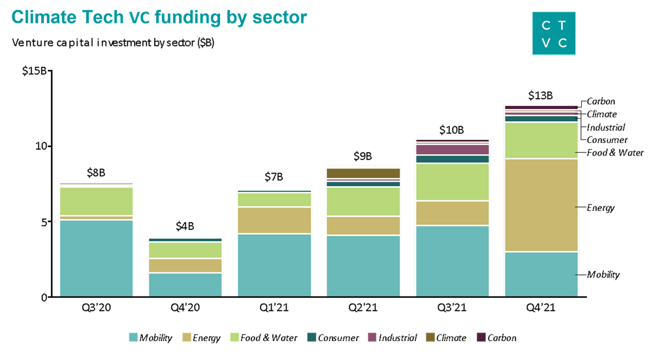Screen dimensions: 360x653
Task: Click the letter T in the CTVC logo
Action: coord(562,25)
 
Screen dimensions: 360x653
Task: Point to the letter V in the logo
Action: coord(545,43)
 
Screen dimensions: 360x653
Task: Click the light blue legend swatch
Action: coord(133,336)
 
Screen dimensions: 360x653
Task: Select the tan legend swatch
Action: coord(187,336)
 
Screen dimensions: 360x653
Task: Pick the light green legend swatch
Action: coord(234,336)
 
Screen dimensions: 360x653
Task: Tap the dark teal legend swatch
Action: coord(311,336)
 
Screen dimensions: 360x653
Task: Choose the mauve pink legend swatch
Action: coord(372,336)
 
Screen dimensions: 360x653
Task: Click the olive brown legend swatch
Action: coord(430,336)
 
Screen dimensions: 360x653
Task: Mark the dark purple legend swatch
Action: coord(481,336)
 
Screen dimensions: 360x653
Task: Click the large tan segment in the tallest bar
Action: coord(541,205)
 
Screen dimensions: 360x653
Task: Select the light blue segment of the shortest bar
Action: coord(185,284)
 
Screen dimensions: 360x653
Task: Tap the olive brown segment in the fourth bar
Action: coord(363,173)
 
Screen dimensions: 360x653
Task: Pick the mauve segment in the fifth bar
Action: coord(452,150)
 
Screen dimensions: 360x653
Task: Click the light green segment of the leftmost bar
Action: coord(96,201)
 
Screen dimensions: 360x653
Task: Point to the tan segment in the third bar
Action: coord(274,220)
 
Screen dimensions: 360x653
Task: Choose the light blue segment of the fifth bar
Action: coord(452,261)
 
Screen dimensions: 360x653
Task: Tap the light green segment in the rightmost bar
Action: coord(541,140)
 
